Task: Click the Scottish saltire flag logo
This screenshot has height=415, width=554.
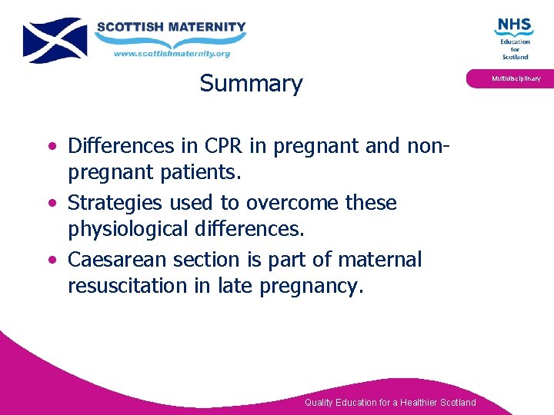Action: [x=55, y=40]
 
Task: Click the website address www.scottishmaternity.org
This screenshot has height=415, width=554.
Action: [x=172, y=54]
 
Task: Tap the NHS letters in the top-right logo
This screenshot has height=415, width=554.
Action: [x=514, y=26]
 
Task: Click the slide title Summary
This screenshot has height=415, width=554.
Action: [x=251, y=83]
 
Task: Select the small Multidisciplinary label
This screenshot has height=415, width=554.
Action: [x=516, y=78]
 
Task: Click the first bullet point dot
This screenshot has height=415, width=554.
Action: [x=51, y=146]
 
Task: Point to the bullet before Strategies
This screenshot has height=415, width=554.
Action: [x=51, y=204]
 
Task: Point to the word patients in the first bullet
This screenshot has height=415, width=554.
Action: [x=201, y=172]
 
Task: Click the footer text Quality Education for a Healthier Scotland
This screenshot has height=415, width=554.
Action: [x=390, y=403]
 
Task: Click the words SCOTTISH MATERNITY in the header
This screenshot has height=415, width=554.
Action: [x=171, y=27]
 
